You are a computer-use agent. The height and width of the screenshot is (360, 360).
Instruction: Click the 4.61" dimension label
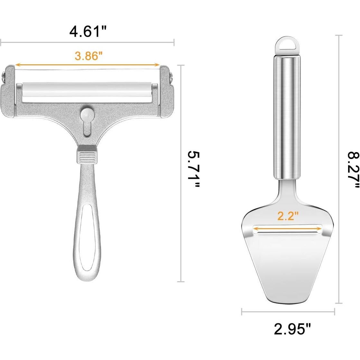[x=88, y=31]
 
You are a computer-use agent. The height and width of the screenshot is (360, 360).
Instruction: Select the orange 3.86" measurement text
[x=88, y=55]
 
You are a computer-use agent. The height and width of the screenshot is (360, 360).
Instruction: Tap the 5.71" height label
[x=194, y=169]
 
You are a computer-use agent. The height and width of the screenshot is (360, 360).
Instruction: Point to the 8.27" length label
[x=353, y=170]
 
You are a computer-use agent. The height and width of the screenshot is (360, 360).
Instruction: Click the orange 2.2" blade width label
[x=288, y=216]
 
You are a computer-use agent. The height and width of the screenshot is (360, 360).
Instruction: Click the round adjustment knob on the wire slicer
[x=87, y=114]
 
